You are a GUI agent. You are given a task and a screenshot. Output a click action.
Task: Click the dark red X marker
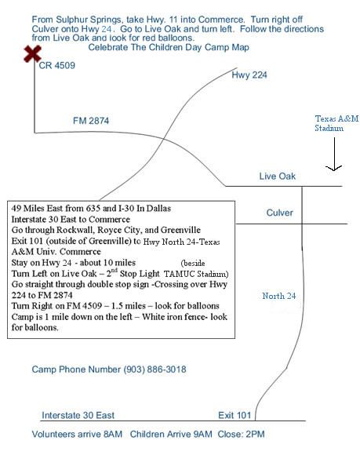(32, 54)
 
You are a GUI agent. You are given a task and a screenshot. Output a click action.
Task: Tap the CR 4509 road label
(57, 65)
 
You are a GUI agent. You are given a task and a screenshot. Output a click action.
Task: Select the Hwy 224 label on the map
(249, 75)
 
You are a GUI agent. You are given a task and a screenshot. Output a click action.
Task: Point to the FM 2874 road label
(91, 121)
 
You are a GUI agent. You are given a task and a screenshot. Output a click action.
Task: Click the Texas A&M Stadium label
(336, 123)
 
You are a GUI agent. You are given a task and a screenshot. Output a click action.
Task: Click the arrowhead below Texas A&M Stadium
(334, 168)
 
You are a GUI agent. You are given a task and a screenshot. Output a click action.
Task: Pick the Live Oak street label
(278, 176)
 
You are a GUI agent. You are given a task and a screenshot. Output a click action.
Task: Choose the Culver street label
(279, 213)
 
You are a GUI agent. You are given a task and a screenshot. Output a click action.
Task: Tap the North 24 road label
(279, 296)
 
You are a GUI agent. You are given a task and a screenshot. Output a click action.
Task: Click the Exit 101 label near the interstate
(235, 415)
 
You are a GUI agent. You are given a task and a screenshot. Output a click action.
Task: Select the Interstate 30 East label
(78, 415)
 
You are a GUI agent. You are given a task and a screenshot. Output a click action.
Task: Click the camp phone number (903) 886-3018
(155, 370)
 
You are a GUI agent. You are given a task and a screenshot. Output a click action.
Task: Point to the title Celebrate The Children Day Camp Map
(169, 48)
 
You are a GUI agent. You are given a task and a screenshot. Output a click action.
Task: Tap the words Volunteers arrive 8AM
(77, 434)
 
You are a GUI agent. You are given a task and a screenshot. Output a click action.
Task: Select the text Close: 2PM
(241, 434)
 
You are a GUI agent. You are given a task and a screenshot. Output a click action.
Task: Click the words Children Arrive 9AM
(171, 434)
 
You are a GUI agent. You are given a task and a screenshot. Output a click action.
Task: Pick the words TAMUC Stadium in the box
(196, 274)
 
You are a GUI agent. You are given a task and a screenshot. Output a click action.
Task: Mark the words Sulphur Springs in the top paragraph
(89, 20)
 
